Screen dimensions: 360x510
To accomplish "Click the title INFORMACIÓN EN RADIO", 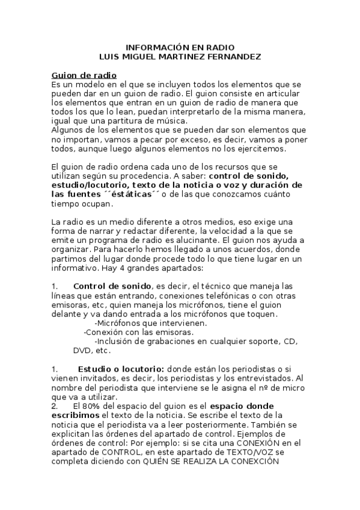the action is tap(180, 48).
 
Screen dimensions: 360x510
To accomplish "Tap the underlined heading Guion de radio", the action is tap(84, 75).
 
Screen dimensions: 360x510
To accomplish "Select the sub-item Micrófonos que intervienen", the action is tap(151, 322).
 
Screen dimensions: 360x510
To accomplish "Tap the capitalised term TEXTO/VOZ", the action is tap(288, 452).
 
